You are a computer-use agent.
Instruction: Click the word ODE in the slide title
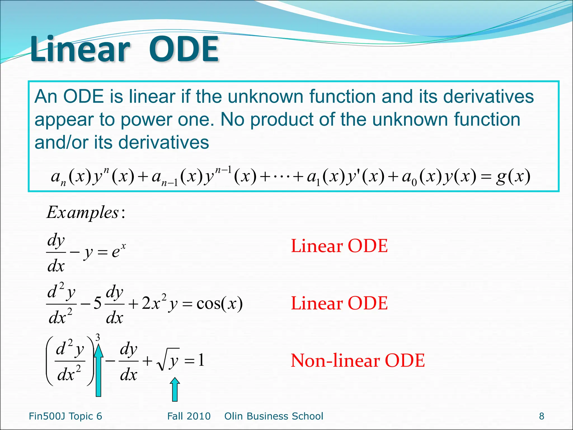(x=183, y=50)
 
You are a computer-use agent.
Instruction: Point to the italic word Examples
(x=83, y=212)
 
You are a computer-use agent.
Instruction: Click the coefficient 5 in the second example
(x=97, y=303)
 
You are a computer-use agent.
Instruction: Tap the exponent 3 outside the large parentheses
(x=98, y=338)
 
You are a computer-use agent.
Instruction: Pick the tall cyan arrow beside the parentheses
(x=98, y=370)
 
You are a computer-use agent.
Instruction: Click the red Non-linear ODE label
(x=358, y=361)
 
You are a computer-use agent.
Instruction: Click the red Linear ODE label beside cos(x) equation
(x=339, y=303)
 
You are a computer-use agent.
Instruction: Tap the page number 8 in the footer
(x=542, y=416)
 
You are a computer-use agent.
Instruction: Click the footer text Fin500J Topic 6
(x=65, y=416)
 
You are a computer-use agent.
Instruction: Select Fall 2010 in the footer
(x=189, y=416)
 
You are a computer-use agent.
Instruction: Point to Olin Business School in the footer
(x=274, y=416)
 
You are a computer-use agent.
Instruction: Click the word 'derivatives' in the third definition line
(x=163, y=142)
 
